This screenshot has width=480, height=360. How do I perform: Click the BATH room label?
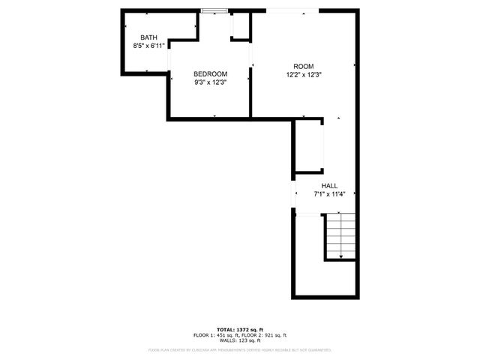(x=148, y=37)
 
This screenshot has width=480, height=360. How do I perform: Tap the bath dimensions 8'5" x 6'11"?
(x=148, y=46)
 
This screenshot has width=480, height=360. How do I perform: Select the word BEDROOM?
(x=210, y=73)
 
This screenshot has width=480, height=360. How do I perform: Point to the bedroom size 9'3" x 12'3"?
(x=210, y=82)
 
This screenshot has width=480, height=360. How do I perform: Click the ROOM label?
(x=303, y=66)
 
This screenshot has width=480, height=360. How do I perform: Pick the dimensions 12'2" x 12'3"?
(x=303, y=74)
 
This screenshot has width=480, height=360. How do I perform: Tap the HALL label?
(x=329, y=186)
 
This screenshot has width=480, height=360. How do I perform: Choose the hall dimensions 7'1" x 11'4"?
(x=329, y=194)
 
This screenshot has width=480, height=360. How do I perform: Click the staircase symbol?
(x=341, y=236)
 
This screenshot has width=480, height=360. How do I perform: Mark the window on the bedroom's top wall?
(x=214, y=10)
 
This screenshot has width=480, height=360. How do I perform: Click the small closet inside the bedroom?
(x=240, y=26)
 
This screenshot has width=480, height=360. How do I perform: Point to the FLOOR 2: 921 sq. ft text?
(x=265, y=335)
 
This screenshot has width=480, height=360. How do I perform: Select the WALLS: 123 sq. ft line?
(x=240, y=340)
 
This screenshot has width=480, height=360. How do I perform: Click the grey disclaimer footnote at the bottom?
(x=240, y=349)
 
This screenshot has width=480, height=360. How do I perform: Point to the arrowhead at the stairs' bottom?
(x=341, y=257)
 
